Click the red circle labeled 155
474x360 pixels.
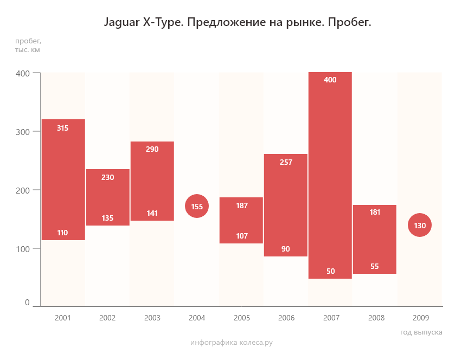(197, 206)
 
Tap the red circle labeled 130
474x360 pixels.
(420, 226)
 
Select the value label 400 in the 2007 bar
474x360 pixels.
(330, 80)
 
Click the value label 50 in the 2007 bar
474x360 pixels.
(331, 271)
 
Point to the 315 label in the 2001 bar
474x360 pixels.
(62, 128)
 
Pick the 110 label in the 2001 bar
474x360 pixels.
(62, 233)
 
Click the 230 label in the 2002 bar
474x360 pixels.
(107, 177)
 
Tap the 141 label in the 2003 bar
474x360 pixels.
(152, 213)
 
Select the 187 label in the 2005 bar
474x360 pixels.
(242, 205)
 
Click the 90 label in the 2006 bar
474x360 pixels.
(286, 249)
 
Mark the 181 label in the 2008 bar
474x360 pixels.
(375, 212)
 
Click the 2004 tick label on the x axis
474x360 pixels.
(197, 318)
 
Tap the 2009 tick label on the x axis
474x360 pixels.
(421, 318)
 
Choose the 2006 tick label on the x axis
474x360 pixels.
(286, 318)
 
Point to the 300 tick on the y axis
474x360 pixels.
(23, 131)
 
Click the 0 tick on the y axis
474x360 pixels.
(27, 303)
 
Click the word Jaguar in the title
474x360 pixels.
(120, 23)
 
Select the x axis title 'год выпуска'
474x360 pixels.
(421, 332)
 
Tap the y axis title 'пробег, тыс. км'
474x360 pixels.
(28, 45)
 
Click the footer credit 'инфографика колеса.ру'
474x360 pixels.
(232, 343)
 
